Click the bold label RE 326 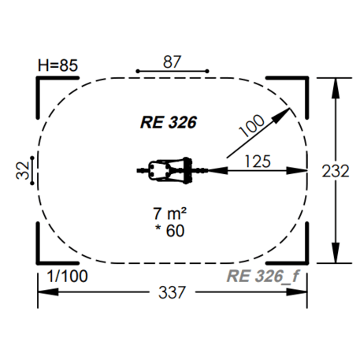(x=169, y=122)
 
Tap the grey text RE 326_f (x=262, y=276)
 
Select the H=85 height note (x=58, y=65)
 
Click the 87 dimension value (x=172, y=62)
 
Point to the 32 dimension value (x=23, y=171)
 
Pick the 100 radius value (x=251, y=125)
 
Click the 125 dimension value (x=258, y=161)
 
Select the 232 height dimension (x=336, y=171)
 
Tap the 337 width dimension (x=172, y=292)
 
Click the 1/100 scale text (x=67, y=276)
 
